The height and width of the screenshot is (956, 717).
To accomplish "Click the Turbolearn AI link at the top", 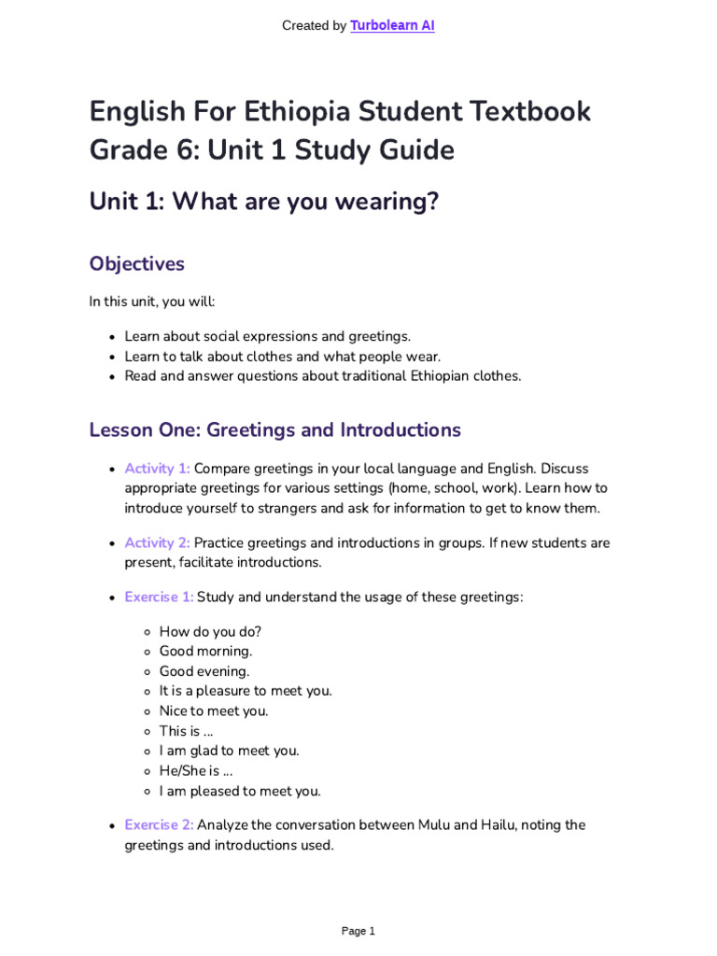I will [392, 26].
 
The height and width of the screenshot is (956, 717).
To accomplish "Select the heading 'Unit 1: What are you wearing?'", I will [263, 201].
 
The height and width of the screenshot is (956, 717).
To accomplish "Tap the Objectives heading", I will [136, 263].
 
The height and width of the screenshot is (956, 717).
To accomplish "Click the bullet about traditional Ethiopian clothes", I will [323, 376].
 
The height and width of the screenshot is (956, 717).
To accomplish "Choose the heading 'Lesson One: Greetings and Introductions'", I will [274, 429].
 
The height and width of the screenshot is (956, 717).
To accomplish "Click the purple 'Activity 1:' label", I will [157, 469].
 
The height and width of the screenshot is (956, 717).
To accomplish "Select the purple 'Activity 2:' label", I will [157, 542].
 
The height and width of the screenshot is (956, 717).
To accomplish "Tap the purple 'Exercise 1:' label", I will [159, 597].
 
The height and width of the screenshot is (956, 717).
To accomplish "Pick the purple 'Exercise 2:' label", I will [159, 825].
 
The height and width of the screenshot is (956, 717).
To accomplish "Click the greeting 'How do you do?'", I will [210, 631].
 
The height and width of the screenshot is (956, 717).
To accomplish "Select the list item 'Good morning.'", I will [205, 651].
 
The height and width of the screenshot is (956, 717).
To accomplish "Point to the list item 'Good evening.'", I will [204, 671].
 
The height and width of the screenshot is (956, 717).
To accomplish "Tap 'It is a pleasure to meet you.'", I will [246, 691].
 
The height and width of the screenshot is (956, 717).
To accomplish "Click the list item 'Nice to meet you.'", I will [214, 710].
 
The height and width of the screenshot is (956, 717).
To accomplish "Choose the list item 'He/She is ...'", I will [196, 770].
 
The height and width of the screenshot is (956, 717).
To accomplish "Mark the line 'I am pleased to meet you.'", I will [240, 791].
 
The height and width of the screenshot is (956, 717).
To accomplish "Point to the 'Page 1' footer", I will [358, 931].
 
